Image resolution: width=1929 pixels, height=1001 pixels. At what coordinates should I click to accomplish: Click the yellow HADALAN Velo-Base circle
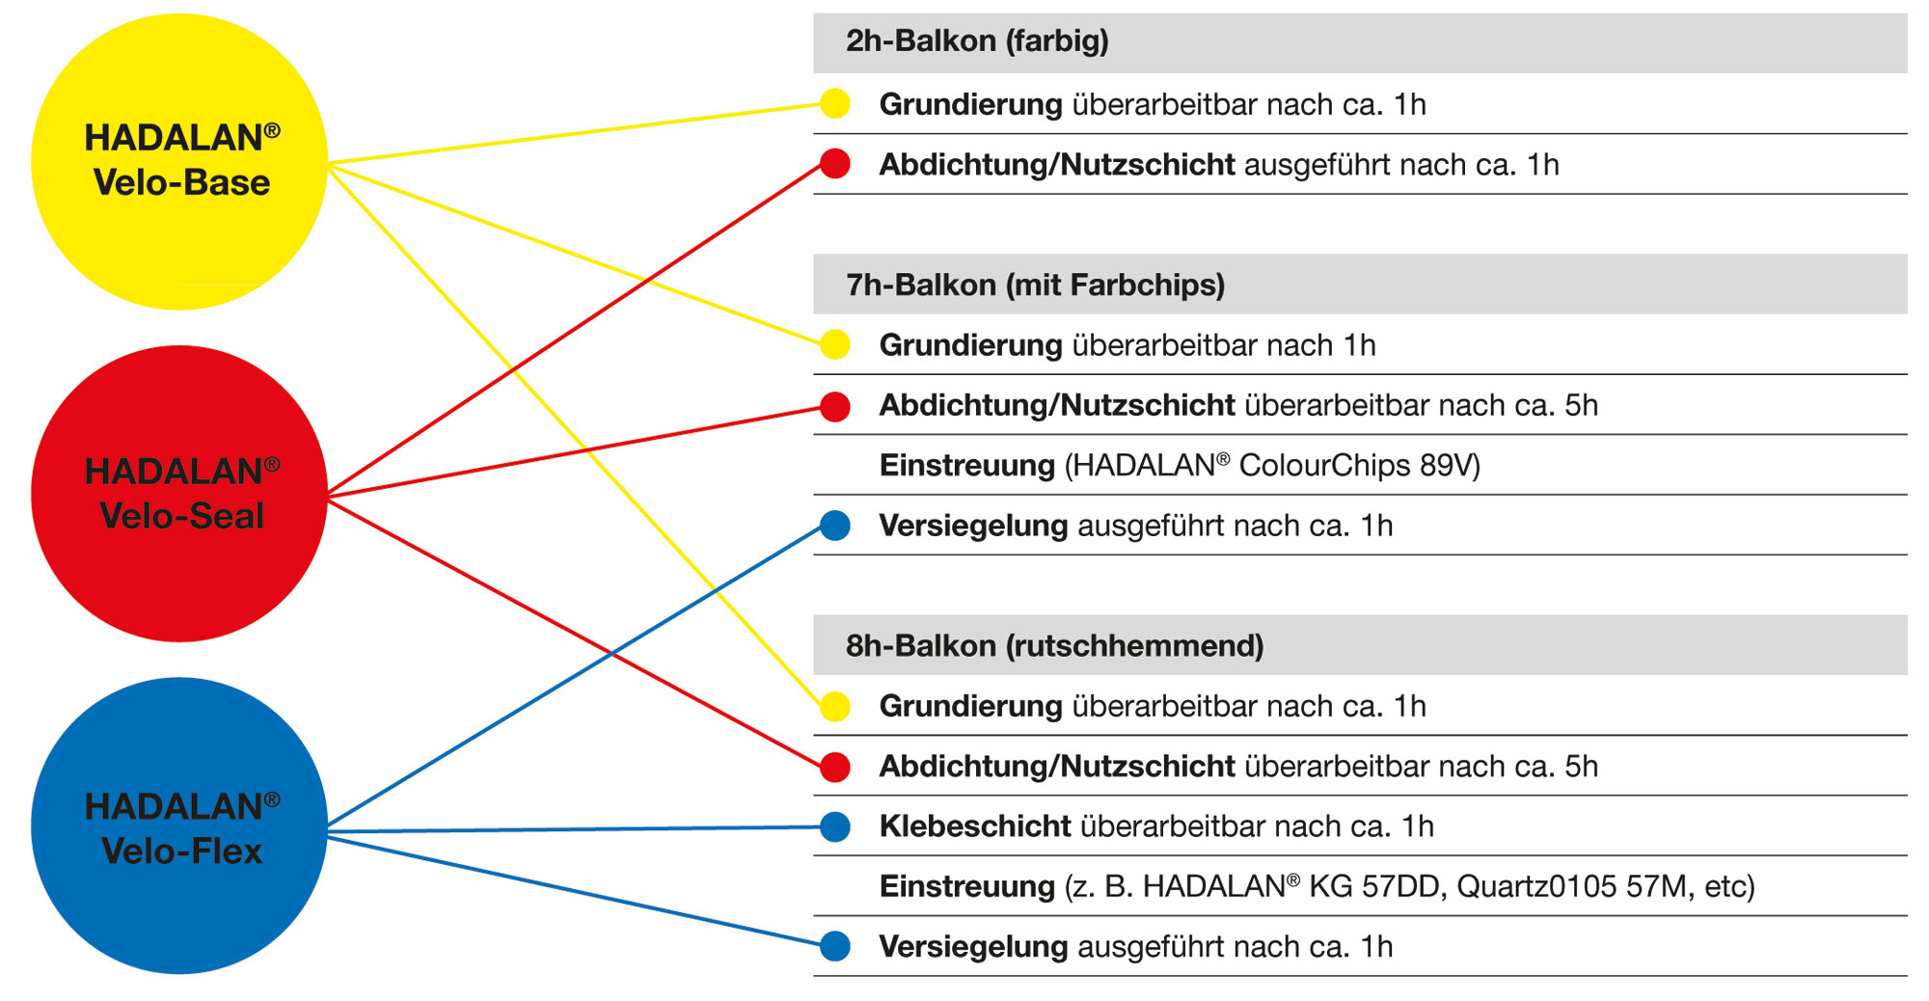tap(179, 161)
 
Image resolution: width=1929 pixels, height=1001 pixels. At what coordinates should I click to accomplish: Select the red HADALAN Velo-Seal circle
tap(179, 494)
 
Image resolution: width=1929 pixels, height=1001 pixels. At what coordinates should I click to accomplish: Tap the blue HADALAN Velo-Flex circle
tap(179, 826)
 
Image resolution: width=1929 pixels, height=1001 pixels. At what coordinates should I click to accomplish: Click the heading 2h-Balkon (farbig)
tap(977, 41)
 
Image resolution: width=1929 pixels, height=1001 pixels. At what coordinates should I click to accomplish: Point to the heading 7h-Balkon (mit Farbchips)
tap(1035, 285)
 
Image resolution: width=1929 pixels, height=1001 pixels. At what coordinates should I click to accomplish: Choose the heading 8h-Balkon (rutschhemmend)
tap(1054, 646)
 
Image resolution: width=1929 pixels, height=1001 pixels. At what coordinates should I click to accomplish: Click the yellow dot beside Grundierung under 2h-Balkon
tap(835, 103)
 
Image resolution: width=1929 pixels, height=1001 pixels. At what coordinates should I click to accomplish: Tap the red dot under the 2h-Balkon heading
tap(835, 164)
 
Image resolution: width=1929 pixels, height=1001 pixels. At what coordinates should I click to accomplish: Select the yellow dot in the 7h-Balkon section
tap(835, 344)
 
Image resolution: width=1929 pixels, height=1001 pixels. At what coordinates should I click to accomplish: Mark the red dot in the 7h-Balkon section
tap(835, 406)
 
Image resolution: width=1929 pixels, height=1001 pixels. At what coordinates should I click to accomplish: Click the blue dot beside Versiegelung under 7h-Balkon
tap(835, 526)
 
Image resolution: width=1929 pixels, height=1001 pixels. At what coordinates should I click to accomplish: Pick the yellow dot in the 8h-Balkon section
tap(835, 706)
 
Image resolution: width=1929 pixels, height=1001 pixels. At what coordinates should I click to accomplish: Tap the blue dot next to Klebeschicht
tap(835, 826)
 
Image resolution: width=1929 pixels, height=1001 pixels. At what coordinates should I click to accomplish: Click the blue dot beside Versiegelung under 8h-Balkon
tap(835, 946)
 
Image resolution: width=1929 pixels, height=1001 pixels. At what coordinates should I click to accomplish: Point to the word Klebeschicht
tap(975, 826)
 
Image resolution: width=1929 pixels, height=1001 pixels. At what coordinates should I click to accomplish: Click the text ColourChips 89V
tap(1359, 466)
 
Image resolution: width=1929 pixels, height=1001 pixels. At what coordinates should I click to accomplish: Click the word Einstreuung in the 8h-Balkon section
tap(967, 886)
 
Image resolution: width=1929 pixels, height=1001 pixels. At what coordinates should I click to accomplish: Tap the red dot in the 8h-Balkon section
tap(835, 767)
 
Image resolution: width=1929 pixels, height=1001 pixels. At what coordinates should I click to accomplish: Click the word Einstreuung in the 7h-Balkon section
tap(967, 466)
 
